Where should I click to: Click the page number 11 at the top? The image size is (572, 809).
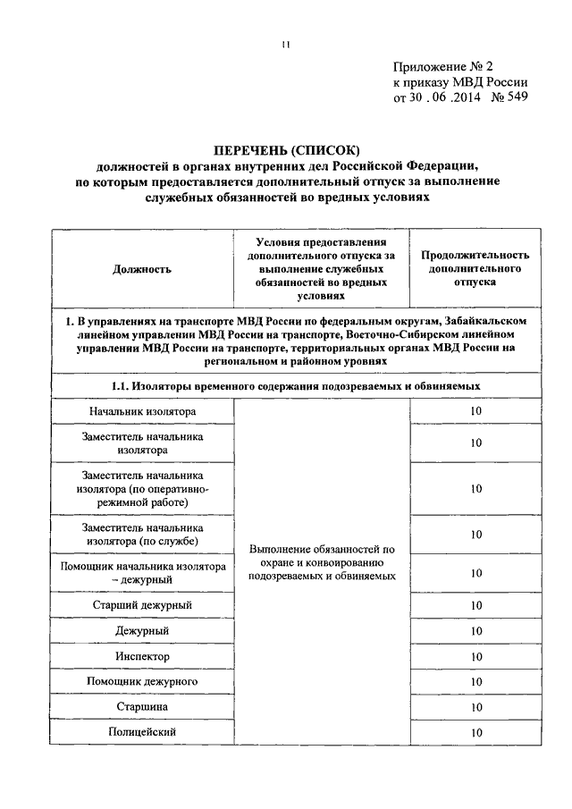tap(285, 46)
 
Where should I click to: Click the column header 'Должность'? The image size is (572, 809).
tap(142, 267)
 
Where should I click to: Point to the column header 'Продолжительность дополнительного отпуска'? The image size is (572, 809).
tap(475, 267)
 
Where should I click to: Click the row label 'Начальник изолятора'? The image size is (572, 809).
tap(142, 410)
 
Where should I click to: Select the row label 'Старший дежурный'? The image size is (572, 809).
tap(142, 605)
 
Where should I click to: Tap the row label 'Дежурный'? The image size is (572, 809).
tap(142, 631)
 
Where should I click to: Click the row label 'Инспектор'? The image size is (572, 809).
tap(142, 656)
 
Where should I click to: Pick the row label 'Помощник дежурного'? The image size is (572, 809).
tap(142, 682)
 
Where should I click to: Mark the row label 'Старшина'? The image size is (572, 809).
tap(142, 707)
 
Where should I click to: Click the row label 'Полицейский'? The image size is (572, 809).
tap(142, 732)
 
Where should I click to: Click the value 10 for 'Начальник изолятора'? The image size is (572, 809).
tap(475, 411)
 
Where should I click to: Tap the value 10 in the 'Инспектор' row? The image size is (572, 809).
tap(475, 657)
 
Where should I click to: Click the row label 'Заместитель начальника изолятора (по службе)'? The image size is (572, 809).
tap(142, 535)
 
